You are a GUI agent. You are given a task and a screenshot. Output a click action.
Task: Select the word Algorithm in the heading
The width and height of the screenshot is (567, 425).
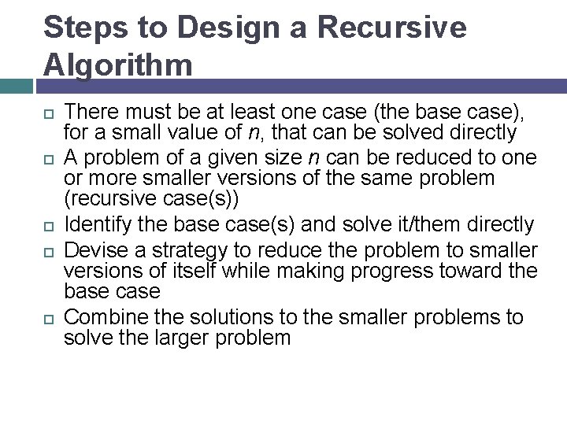click(x=118, y=65)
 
